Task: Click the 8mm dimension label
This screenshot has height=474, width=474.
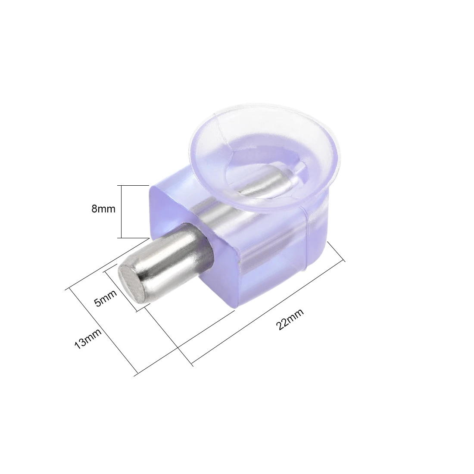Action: click(103, 209)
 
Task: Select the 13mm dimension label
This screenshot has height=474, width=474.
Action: click(88, 339)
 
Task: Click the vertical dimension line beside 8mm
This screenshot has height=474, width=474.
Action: click(122, 212)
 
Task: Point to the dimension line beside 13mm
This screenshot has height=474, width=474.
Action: click(104, 332)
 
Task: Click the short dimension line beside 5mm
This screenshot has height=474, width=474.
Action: click(121, 287)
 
